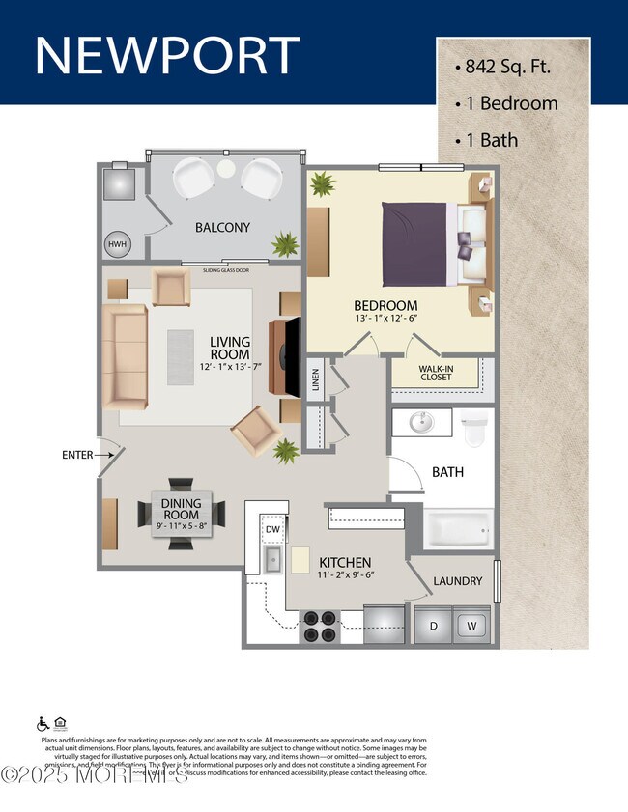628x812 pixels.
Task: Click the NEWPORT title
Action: (x=167, y=55)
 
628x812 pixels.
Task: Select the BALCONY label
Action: (x=222, y=228)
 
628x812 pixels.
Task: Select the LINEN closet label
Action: (x=316, y=378)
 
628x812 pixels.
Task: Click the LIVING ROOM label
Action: (x=230, y=349)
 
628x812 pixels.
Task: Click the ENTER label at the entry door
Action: (x=76, y=454)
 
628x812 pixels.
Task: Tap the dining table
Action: (x=182, y=511)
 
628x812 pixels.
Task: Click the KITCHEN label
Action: (x=345, y=562)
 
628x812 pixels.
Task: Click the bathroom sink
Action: (x=421, y=424)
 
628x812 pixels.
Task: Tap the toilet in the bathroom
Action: (x=474, y=431)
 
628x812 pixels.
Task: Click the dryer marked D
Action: (x=434, y=625)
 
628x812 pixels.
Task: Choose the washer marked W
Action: (x=472, y=625)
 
